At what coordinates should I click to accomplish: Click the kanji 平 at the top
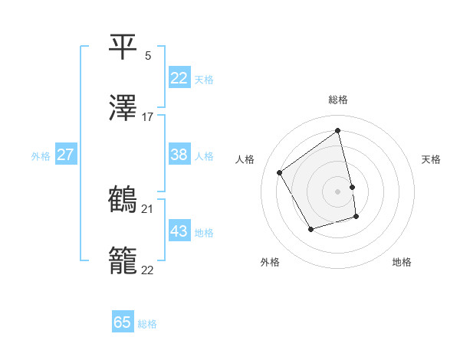click(x=123, y=47)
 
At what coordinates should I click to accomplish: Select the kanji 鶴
click(x=123, y=199)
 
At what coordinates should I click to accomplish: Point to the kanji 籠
click(x=123, y=260)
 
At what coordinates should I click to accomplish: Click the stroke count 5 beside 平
click(x=148, y=56)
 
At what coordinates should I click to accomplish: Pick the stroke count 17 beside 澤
click(x=148, y=117)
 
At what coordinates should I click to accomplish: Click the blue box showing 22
click(x=179, y=78)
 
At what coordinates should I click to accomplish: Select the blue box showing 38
click(x=179, y=155)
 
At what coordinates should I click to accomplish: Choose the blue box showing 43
click(x=179, y=231)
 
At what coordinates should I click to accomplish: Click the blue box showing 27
click(x=66, y=155)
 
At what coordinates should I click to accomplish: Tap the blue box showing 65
click(x=123, y=322)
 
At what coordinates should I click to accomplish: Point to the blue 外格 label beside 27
click(x=41, y=156)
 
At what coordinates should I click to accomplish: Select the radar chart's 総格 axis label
click(x=338, y=100)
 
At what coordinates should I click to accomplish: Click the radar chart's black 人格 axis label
click(x=245, y=159)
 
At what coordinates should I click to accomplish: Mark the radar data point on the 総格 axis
click(x=338, y=132)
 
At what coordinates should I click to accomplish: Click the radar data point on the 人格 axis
click(x=280, y=172)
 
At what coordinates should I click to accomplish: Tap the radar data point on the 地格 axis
click(x=356, y=217)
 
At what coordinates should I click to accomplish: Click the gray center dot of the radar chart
click(x=338, y=191)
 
